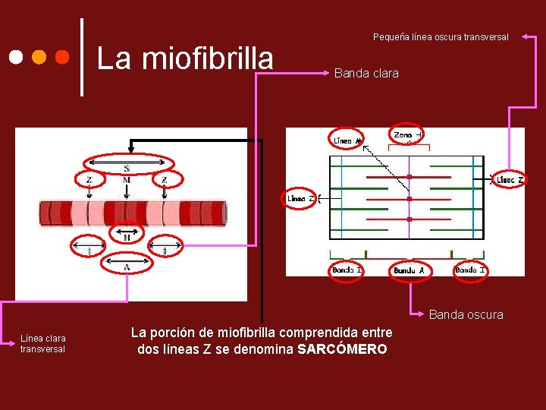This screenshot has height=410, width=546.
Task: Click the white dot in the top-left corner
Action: click(x=16, y=58)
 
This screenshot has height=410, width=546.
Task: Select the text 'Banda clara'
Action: click(x=366, y=74)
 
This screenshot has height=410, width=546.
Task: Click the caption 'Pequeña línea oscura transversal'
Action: click(x=441, y=36)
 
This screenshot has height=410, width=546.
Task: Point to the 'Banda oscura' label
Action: click(x=466, y=314)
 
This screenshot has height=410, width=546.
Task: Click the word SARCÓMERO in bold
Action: click(x=343, y=349)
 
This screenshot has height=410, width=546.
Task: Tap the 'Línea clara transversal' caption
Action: click(x=43, y=343)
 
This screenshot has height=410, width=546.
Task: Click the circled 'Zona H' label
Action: click(x=408, y=134)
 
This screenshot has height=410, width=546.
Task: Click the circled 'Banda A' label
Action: click(x=409, y=270)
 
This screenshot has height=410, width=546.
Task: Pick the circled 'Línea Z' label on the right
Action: click(x=509, y=180)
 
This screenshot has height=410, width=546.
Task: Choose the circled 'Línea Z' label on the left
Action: click(x=301, y=198)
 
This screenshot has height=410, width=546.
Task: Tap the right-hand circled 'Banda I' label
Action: click(x=470, y=270)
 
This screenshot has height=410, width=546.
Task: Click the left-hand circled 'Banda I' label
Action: click(x=348, y=270)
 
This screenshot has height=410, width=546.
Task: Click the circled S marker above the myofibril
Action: click(x=127, y=165)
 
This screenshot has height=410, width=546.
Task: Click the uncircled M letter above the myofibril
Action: click(x=127, y=180)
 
